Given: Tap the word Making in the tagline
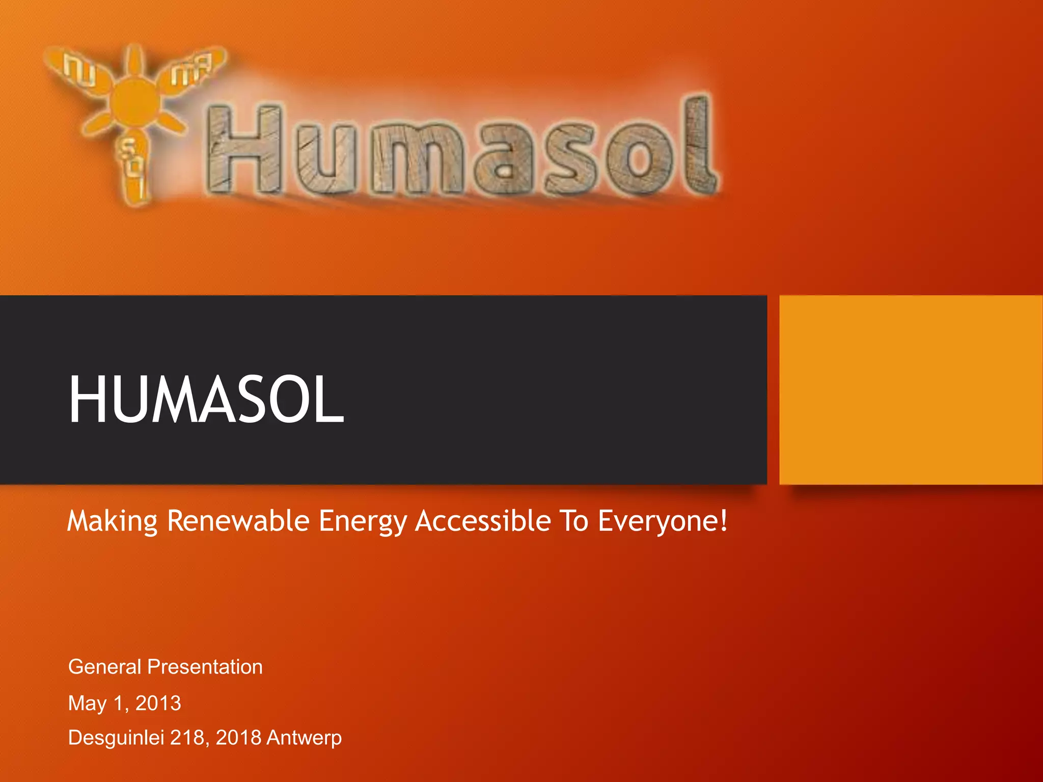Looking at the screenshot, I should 113,521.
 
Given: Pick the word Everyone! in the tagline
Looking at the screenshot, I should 663,521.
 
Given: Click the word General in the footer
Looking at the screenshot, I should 104,667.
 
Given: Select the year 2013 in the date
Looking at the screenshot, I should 158,703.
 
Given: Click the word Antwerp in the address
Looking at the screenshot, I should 304,738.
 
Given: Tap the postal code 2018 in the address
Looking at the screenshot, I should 238,738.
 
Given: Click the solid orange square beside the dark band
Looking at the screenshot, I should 911,389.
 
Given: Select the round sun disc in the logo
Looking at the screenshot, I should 133,104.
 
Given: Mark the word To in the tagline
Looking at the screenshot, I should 574,521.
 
